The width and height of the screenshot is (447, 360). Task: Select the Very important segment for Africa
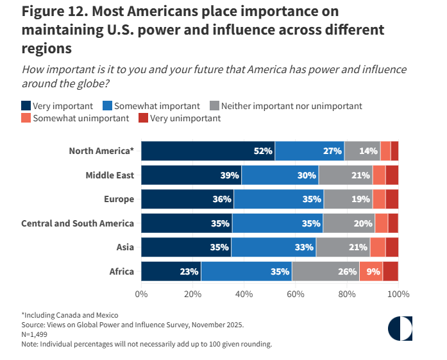(171, 271)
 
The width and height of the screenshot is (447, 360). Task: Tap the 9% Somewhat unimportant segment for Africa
(371, 271)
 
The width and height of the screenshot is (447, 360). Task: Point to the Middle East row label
(110, 175)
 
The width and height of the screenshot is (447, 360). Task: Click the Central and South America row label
(78, 223)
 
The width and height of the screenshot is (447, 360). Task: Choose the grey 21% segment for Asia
(342, 247)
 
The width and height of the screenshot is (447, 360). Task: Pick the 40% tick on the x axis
(244, 294)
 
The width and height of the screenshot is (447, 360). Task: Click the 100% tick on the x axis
(398, 294)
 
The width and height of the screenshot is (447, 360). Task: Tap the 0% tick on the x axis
(141, 294)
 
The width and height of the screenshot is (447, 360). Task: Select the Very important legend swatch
(26, 106)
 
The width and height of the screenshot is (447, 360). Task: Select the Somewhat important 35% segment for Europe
(279, 199)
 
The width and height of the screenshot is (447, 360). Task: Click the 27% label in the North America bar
(332, 151)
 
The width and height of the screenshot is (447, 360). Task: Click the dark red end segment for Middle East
(392, 175)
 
